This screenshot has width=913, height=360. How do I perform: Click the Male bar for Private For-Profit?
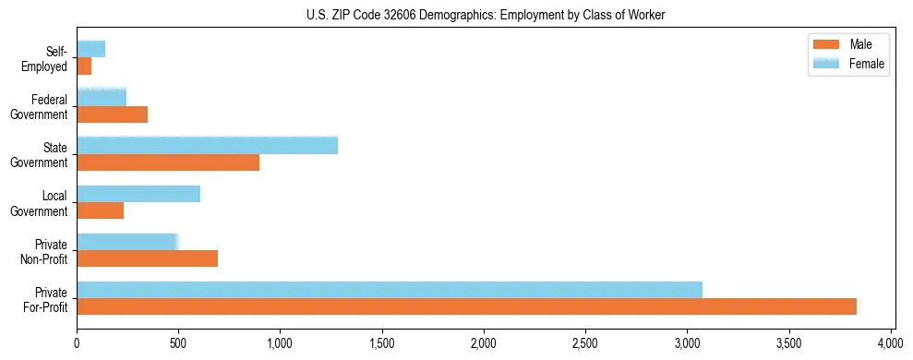coord(466,306)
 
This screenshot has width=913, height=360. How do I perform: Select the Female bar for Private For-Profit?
coord(389,290)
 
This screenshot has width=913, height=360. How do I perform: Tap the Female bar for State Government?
coord(207,145)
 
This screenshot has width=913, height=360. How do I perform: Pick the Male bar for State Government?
coord(168,162)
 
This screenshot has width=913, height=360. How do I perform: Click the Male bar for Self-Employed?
coord(84,66)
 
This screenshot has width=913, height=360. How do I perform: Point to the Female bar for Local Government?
coord(138,194)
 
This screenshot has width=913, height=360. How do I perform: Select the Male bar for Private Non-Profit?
coord(147,258)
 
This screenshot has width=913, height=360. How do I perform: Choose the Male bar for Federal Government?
coord(112,114)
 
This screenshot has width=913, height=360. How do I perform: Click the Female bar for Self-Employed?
coord(90,49)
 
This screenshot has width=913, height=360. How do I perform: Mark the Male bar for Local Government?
coord(100,210)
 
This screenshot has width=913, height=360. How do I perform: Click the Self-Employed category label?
coord(51,58)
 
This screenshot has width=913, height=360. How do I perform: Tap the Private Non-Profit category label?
coord(46,251)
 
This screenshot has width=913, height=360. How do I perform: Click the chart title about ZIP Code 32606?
coord(485,15)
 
